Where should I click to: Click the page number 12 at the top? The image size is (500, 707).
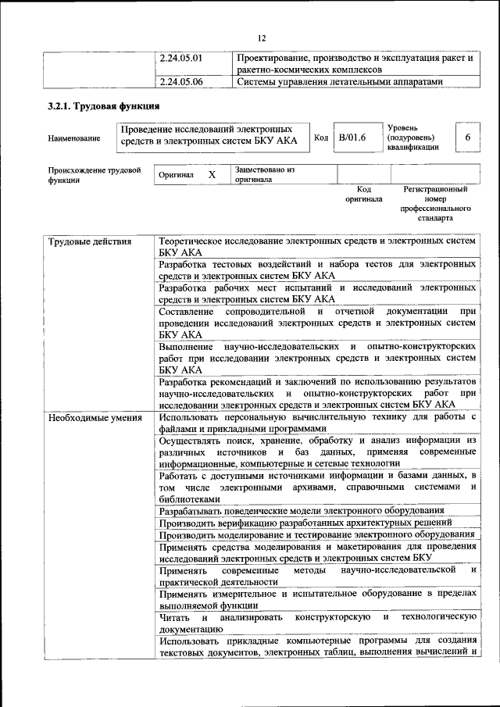(262, 37)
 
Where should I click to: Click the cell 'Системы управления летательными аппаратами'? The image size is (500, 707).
(340, 81)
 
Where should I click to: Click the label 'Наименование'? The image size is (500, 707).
(74, 139)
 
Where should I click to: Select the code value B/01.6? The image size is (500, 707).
(352, 138)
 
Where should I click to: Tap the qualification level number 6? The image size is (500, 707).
(467, 138)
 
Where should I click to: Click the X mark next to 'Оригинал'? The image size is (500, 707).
(211, 175)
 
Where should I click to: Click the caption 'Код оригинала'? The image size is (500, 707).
(363, 194)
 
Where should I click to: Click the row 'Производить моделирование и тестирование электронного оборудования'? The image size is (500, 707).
(316, 535)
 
